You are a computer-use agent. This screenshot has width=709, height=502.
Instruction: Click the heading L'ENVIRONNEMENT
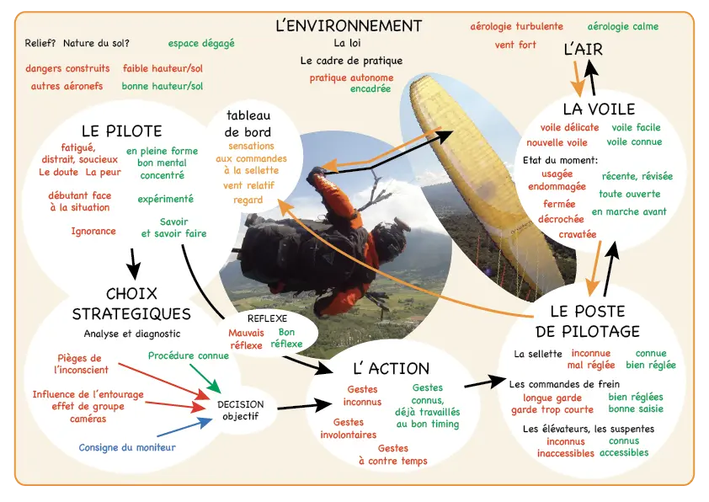click(349, 26)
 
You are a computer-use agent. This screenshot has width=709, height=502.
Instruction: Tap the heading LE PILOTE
click(121, 131)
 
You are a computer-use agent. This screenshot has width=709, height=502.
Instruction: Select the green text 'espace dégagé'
click(201, 44)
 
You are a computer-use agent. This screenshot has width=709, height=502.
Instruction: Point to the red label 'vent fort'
click(515, 45)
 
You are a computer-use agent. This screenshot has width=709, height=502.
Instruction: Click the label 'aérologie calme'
click(622, 27)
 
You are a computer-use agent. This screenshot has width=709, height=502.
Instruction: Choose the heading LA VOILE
click(599, 109)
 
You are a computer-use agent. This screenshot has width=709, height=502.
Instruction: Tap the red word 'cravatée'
click(578, 234)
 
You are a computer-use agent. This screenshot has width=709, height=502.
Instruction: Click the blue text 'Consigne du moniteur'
click(127, 447)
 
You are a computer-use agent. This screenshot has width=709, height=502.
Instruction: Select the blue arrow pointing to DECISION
click(185, 427)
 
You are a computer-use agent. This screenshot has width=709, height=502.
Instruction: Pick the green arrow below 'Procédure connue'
click(205, 378)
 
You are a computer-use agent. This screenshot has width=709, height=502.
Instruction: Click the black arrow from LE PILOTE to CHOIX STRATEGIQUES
click(133, 264)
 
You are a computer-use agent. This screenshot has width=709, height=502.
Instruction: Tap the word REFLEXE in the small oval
click(267, 318)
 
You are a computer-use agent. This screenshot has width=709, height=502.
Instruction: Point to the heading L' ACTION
click(391, 369)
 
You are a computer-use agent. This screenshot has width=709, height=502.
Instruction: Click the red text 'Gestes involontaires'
click(348, 428)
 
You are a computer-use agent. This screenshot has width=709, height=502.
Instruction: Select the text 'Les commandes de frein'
click(564, 384)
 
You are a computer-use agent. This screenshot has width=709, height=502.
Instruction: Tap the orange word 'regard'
click(248, 200)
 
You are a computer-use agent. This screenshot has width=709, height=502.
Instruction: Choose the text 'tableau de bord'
click(248, 124)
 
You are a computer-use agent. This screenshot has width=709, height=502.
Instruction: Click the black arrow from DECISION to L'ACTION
click(304, 405)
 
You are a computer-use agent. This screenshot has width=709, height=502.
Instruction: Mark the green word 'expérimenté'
click(166, 199)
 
